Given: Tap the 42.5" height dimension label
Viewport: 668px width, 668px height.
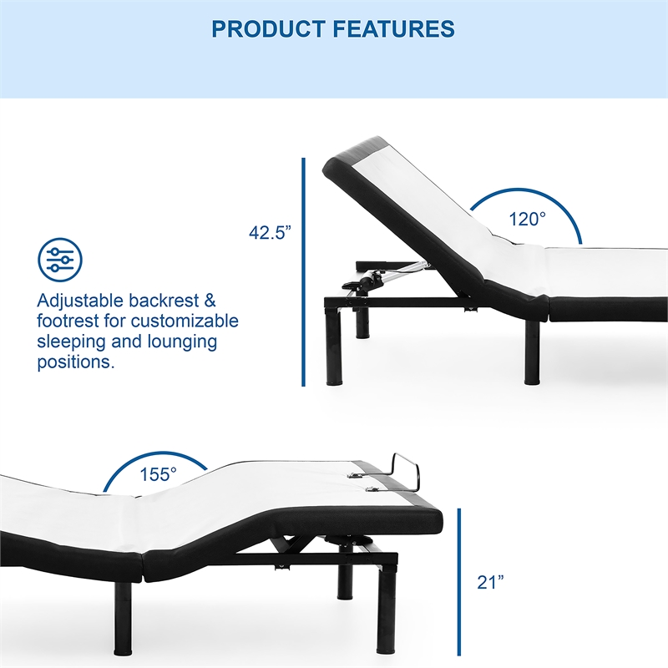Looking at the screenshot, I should point(269,234).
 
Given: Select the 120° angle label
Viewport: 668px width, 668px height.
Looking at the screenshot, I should point(528,219).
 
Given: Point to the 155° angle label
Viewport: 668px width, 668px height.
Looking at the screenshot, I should point(158,473).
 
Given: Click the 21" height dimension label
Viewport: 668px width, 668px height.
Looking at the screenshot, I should point(491,582).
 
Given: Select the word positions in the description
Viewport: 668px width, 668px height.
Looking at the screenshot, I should point(73,362).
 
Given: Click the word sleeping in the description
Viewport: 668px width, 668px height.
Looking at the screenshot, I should point(72,342).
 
